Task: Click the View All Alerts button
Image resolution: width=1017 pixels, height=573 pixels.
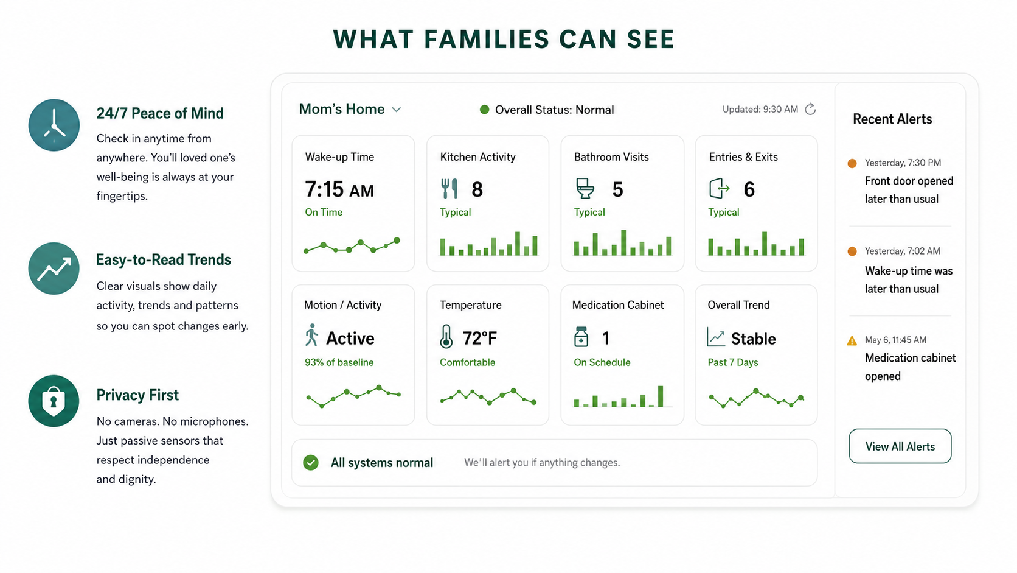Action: (900, 446)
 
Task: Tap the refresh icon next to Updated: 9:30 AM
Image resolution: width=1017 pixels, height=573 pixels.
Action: (810, 110)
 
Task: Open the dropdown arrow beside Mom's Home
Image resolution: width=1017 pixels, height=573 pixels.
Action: (397, 110)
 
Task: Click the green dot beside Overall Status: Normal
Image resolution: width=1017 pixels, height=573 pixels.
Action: (484, 110)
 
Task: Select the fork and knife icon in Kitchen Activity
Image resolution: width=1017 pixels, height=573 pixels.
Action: (449, 189)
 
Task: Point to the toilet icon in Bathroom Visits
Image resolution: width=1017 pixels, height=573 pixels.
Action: (585, 189)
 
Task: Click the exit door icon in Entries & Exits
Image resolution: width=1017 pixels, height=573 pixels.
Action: (719, 189)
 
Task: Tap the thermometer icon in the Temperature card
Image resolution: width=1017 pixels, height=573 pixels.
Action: (446, 337)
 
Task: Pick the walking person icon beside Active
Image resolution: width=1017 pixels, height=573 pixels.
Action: (311, 336)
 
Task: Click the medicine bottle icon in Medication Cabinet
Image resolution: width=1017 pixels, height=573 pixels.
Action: (581, 337)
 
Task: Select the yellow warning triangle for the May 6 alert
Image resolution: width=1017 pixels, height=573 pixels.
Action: (852, 340)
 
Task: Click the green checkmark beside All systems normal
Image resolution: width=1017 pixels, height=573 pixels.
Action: (311, 463)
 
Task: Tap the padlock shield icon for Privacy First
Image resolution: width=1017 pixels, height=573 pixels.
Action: (54, 401)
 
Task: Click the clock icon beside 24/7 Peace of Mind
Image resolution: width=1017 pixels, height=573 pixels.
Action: (54, 125)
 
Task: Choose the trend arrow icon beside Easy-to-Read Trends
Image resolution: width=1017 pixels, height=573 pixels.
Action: (54, 268)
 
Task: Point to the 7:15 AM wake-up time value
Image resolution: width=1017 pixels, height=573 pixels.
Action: (339, 189)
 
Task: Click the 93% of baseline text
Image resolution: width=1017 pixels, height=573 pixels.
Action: (339, 362)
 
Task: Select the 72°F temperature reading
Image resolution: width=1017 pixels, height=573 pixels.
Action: (479, 338)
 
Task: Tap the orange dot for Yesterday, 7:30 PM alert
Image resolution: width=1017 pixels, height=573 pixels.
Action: (852, 163)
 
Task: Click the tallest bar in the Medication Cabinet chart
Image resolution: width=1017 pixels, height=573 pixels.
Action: (661, 396)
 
